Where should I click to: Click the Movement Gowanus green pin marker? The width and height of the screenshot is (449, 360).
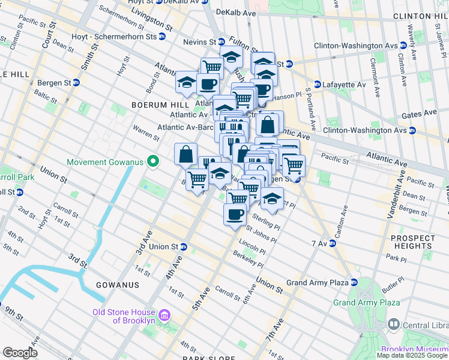pyautogui.click(x=154, y=161)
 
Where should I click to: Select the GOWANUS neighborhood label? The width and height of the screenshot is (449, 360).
pyautogui.click(x=120, y=284)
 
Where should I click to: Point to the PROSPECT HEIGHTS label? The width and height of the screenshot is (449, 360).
pyautogui.click(x=412, y=242)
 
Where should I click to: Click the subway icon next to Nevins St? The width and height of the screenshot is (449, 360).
pyautogui.click(x=221, y=42)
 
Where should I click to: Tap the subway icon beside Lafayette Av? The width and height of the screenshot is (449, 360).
pyautogui.click(x=318, y=85)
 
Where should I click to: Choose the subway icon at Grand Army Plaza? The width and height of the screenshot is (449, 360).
pyautogui.click(x=354, y=282)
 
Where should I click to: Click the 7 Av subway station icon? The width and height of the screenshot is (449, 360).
pyautogui.click(x=332, y=243)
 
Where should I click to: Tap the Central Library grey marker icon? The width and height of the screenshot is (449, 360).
pyautogui.click(x=394, y=323)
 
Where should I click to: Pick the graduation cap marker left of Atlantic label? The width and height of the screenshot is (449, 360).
pyautogui.click(x=186, y=83)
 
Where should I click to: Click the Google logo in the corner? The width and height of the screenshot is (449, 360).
pyautogui.click(x=20, y=353)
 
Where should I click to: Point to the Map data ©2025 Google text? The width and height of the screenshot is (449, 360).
pyautogui.click(x=412, y=355)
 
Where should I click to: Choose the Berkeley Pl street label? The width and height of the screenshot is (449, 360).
pyautogui.click(x=250, y=259)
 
